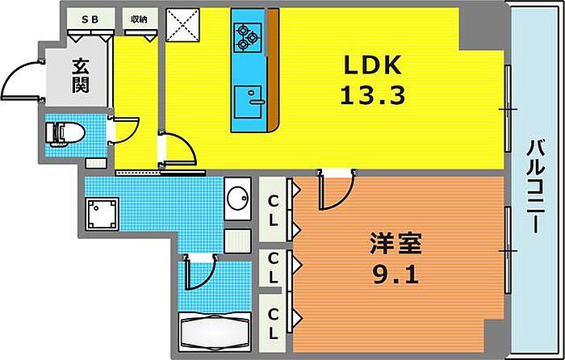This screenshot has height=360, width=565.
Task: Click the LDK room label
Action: [372, 65]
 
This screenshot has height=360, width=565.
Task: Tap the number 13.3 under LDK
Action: [373, 95]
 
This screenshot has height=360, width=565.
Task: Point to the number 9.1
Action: [395, 275]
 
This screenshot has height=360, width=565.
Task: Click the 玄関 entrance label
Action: [81, 77]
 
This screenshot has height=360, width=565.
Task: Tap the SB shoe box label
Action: [90, 19]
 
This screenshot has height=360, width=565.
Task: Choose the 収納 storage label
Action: [139, 19]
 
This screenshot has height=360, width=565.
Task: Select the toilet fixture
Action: [65, 134]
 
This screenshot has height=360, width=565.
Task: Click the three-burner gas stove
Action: [248, 37]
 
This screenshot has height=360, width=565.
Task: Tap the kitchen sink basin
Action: [248, 102]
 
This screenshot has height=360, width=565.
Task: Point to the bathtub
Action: [215, 331]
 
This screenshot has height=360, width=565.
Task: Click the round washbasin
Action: [238, 198]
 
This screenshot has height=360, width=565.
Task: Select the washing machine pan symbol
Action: [103, 215]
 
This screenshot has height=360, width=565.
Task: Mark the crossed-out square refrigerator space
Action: [182, 25]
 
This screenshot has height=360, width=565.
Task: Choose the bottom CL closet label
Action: [273, 325]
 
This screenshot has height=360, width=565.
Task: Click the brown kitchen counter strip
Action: [273, 69]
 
